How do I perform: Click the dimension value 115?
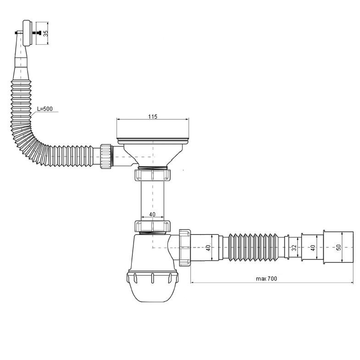(x=153, y=117)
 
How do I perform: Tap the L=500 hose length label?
(x=45, y=109)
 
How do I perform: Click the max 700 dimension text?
(x=266, y=279)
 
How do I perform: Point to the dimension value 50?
(x=338, y=247)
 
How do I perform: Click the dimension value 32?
(x=294, y=248)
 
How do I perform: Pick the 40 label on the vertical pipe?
(x=152, y=214)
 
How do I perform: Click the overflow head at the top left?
(x=27, y=33)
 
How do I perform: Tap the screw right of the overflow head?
(x=37, y=33)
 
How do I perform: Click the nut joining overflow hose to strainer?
(x=106, y=156)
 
